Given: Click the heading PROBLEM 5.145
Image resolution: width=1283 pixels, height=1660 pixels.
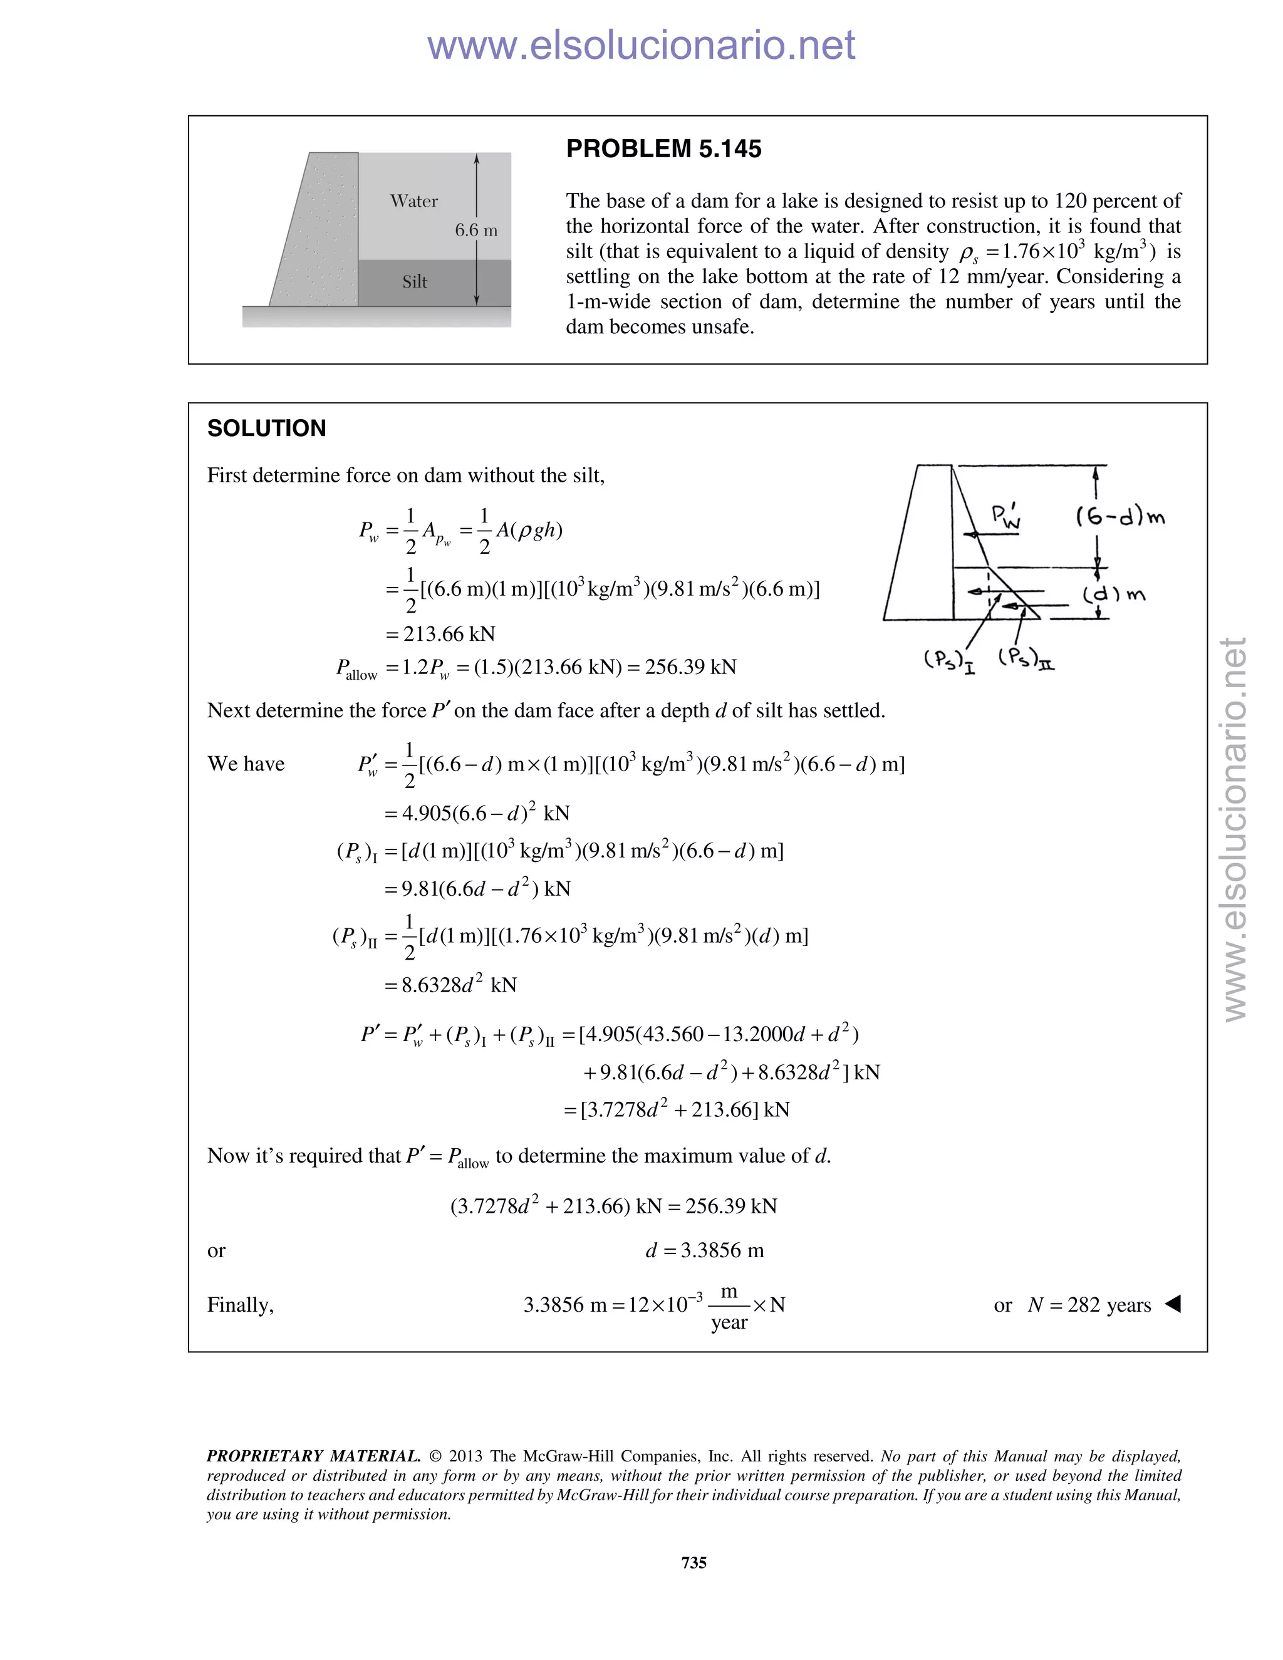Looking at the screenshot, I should coord(663,149).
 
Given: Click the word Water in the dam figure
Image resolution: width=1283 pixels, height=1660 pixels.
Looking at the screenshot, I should coord(413,200).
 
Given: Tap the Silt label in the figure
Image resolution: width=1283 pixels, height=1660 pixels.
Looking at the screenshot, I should coord(414,282).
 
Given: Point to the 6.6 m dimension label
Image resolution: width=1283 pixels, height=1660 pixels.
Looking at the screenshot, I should coord(476,231).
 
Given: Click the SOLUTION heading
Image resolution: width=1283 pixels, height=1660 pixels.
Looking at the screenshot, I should coord(267,428).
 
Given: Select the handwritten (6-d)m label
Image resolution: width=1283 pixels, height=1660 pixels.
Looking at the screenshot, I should coord(1120,517).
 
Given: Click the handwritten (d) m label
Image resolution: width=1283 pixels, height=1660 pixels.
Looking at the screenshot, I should coord(1113,594).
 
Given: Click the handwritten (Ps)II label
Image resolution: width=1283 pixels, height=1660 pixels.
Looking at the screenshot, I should coord(1026,658).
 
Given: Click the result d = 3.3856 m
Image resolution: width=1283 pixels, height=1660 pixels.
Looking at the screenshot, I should coord(705,1250).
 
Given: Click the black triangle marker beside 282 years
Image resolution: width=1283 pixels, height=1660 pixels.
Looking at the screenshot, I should coord(1173,1304).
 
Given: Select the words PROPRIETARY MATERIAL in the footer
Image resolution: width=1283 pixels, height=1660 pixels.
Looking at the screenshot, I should coord(313,1456).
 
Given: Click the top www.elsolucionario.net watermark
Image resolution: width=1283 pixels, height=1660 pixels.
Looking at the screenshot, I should coord(641,46).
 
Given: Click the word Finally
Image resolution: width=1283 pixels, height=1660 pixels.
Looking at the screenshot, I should coord(240,1305).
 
